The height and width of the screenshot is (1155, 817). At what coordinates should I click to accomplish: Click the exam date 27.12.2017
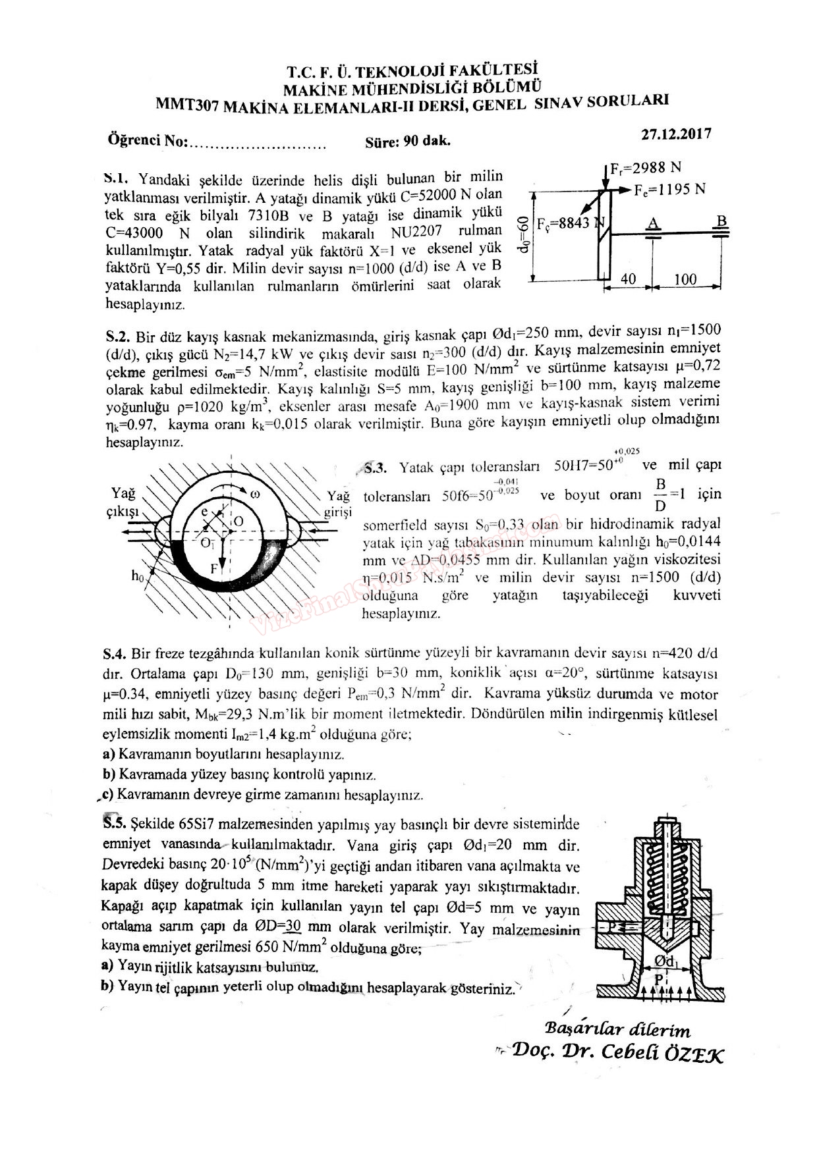pos(676,134)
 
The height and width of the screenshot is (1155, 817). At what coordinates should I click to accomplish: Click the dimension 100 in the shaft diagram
pos(685,279)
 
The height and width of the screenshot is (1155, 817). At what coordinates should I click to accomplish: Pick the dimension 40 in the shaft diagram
pos(629,279)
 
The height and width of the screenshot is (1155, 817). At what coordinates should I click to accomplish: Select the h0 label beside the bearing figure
pos(137,576)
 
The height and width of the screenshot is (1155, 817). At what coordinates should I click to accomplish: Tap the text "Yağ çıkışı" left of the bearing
pos(123,502)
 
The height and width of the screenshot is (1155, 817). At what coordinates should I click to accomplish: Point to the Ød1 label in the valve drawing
pos(666,962)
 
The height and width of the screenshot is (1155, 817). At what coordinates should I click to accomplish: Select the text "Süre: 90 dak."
pos(407,142)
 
